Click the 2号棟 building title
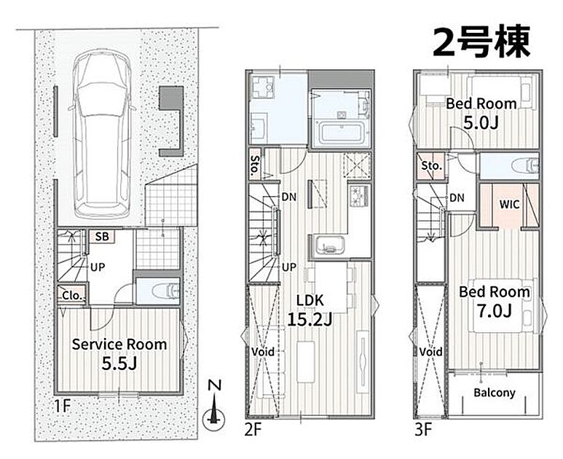tap(481, 42)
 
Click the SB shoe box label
tap(102, 237)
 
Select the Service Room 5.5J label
tap(119, 354)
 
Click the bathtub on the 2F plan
tap(341, 133)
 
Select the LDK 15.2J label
tap(310, 310)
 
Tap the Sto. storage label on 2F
tap(256, 165)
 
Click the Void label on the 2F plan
tap(263, 352)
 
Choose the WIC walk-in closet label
tap(510, 205)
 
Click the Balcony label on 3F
tap(495, 393)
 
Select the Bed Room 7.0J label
tap(495, 302)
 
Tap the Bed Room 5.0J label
tap(481, 113)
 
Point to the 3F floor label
tap(423, 429)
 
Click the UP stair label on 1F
tap(98, 267)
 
